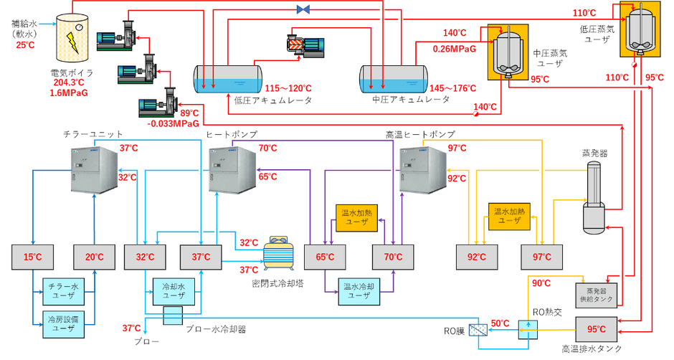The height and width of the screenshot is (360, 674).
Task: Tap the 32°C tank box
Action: pyautogui.click(x=145, y=257)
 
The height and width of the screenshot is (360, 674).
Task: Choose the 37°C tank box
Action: pyautogui.click(x=200, y=257)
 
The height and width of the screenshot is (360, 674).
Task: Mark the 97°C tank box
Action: pyautogui.click(x=541, y=257)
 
